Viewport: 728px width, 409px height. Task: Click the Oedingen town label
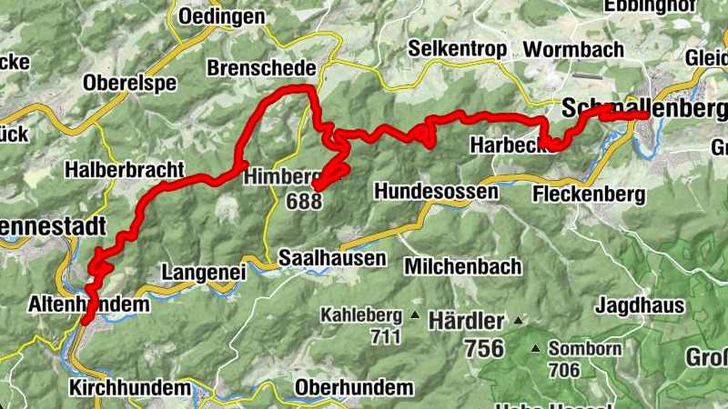[222, 16]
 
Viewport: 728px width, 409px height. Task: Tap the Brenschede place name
[261, 68]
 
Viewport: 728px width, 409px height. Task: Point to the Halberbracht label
[125, 170]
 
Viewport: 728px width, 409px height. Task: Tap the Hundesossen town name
[436, 192]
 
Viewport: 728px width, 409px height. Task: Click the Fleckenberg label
[590, 194]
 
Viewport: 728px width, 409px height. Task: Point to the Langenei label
[204, 272]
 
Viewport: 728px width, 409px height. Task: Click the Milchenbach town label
[463, 266]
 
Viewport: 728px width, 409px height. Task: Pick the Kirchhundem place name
[130, 388]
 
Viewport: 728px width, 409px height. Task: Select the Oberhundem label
[354, 388]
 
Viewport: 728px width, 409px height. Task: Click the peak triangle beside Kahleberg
[415, 316]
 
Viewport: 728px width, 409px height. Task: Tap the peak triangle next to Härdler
[518, 321]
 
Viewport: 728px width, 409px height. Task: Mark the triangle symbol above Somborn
[536, 348]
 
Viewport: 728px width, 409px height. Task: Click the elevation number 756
[484, 348]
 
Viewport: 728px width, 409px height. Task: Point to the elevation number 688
[303, 201]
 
